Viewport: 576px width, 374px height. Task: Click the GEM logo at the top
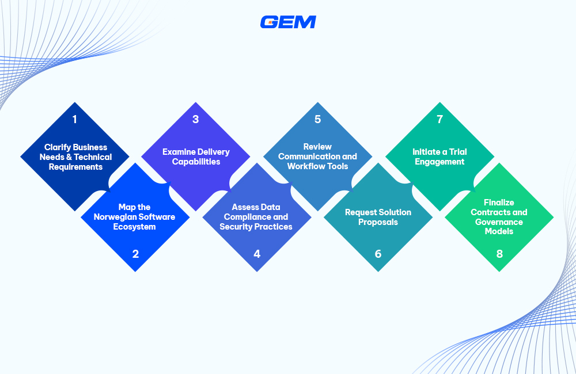(288, 22)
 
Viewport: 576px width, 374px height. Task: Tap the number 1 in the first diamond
(74, 120)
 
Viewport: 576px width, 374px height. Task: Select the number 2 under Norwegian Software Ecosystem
(135, 253)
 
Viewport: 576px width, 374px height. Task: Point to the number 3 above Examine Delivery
(196, 120)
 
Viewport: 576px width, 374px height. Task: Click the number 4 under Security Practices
(257, 253)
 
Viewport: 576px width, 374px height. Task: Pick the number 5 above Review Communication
(317, 120)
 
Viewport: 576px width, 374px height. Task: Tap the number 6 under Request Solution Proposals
(378, 253)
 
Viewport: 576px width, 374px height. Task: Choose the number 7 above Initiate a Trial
(439, 120)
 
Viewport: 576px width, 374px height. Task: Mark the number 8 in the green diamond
(499, 253)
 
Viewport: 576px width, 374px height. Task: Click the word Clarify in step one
(57, 147)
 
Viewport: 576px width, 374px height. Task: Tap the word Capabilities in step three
(196, 162)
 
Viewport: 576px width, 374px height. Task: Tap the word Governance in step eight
(499, 222)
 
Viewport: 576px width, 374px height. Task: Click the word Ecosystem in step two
(135, 227)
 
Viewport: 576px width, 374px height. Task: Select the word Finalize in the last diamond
(499, 203)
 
